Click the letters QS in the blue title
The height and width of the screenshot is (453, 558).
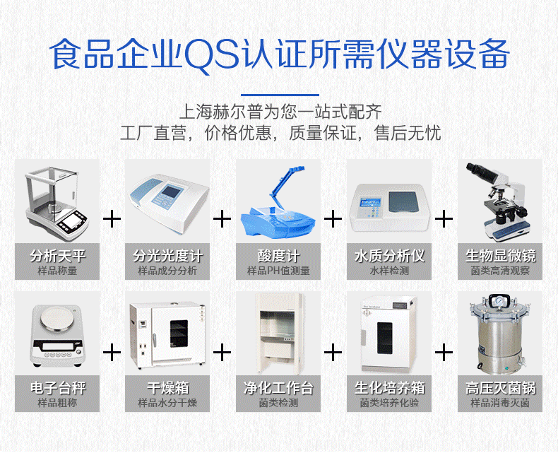[212, 54]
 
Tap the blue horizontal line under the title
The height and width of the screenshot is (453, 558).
[280, 95]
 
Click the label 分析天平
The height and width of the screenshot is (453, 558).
[58, 255]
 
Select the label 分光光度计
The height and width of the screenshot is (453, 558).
[167, 255]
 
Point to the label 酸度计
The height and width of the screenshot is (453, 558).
[278, 255]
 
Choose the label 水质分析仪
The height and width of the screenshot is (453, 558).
[389, 255]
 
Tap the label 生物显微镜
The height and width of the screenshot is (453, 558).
[500, 255]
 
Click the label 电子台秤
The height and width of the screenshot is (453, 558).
[58, 387]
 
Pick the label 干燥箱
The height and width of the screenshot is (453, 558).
[167, 387]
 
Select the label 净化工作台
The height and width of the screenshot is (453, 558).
[278, 387]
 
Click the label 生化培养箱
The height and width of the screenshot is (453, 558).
[389, 387]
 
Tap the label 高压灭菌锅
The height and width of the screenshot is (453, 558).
[500, 387]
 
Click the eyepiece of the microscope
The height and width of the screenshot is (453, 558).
[479, 171]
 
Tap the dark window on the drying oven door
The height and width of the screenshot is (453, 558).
[178, 334]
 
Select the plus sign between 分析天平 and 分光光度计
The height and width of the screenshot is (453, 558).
[112, 218]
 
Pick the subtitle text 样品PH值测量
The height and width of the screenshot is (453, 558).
[278, 271]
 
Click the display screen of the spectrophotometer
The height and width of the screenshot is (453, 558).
[168, 192]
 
